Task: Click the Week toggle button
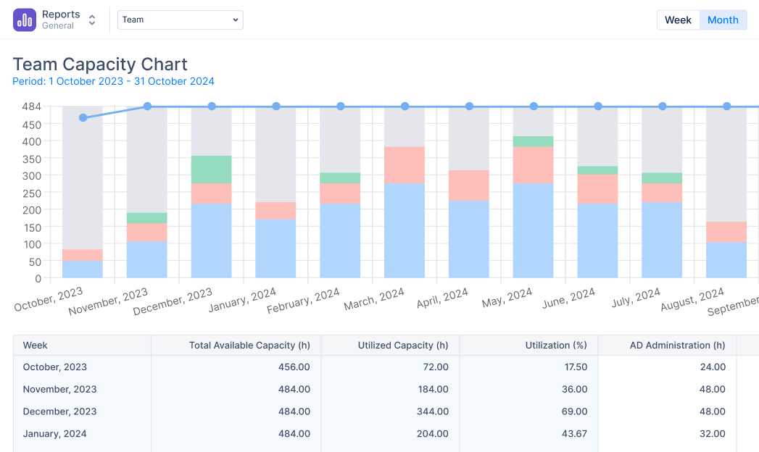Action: point(678,20)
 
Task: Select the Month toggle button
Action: point(723,20)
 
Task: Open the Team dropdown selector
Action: point(181,20)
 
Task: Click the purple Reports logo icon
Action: point(25,20)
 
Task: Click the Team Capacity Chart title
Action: point(100,64)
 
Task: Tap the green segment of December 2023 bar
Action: point(211,169)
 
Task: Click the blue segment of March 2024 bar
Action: point(405,230)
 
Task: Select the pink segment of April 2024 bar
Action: point(468,185)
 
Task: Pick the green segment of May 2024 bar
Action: point(533,141)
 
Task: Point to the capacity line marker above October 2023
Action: point(83,117)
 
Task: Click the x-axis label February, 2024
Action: point(303,301)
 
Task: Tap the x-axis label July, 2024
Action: point(636,299)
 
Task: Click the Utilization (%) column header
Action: point(556,346)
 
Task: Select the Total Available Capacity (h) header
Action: point(242,346)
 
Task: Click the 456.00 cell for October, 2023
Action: point(294,367)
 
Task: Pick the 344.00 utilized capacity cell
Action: point(433,411)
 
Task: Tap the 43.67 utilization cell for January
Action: point(574,434)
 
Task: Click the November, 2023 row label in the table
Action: point(59,390)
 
